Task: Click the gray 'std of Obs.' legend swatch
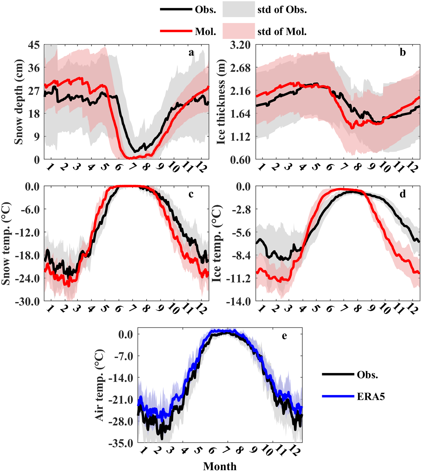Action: point(238,9)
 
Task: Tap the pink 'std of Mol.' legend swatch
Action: point(238,31)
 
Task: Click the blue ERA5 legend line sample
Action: point(338,396)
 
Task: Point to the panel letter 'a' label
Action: point(191,53)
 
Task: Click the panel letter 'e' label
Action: point(284,336)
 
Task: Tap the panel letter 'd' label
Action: point(403,194)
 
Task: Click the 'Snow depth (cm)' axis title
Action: point(19,102)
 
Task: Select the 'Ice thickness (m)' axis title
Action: point(221,102)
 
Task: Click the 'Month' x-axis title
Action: point(220,466)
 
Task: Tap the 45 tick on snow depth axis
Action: point(34,45)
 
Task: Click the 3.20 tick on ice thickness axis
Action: point(240,45)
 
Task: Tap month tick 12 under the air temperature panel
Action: point(294,451)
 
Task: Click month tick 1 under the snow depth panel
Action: point(50,167)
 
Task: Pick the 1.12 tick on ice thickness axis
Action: point(240,137)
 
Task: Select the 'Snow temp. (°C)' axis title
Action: point(6,244)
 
